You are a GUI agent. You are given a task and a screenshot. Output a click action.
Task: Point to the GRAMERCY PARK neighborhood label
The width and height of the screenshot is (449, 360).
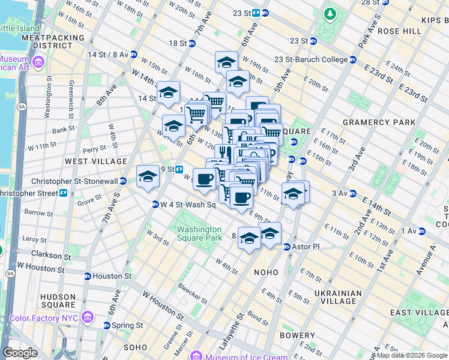(379, 122)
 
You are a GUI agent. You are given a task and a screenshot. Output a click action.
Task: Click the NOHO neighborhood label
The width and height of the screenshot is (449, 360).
(266, 272)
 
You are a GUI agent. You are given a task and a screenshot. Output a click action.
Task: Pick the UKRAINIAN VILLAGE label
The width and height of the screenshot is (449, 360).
(338, 298)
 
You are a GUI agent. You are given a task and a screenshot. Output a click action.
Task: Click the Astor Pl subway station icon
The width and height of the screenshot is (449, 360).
(287, 247)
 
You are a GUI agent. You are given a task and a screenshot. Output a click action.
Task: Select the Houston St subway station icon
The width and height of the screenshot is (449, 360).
(88, 276)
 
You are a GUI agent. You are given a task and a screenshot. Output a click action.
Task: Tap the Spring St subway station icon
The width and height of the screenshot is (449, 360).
(107, 325)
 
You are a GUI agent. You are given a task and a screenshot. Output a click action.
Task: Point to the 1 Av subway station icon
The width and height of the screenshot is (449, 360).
(422, 231)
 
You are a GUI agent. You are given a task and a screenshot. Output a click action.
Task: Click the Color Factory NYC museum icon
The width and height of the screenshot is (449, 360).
(88, 316)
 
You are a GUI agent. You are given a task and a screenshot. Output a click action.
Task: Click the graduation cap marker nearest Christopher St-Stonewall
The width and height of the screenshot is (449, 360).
(148, 177)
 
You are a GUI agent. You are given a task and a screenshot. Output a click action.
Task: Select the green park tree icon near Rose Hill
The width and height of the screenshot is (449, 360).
(330, 13)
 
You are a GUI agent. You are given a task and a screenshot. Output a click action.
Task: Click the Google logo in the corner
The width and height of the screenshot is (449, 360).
(20, 353)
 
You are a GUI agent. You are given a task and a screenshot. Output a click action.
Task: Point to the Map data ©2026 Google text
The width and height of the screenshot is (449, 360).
(412, 355)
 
